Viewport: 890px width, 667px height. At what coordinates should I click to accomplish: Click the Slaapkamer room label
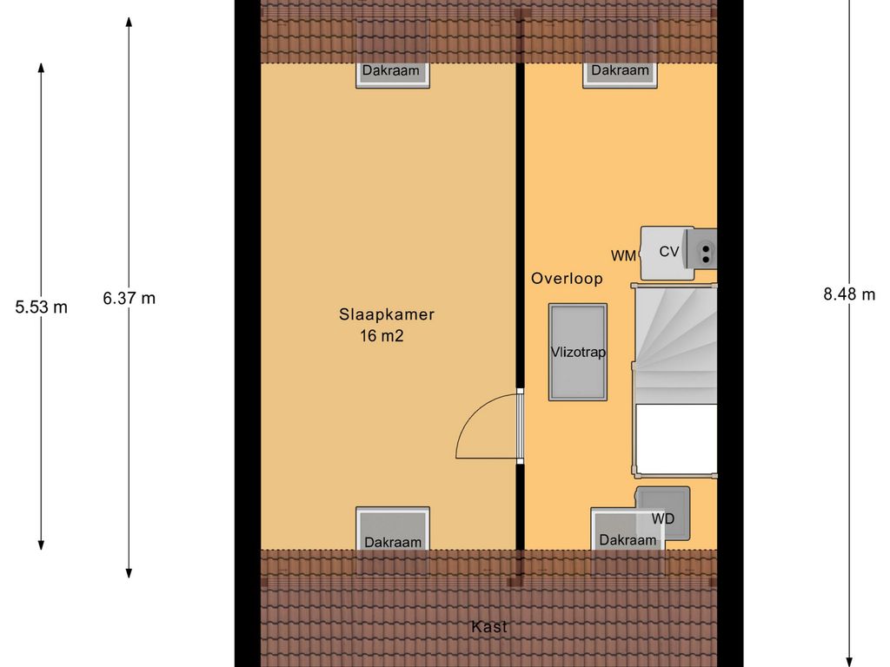click(387, 314)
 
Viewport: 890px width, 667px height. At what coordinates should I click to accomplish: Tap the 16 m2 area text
click(382, 336)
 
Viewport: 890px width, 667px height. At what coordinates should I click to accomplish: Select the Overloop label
click(567, 279)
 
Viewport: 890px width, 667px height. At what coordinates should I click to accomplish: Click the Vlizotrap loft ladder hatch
click(578, 353)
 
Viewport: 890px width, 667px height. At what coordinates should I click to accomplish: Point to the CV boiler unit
click(667, 253)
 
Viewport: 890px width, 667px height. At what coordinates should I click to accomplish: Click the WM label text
click(623, 256)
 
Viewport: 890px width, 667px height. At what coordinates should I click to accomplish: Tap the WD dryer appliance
click(663, 513)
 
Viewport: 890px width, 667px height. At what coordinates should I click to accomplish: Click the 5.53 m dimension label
click(41, 307)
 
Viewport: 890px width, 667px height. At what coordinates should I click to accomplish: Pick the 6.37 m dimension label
click(129, 299)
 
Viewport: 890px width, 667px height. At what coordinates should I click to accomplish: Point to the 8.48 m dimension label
click(849, 294)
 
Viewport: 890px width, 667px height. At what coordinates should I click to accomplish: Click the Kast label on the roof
click(488, 627)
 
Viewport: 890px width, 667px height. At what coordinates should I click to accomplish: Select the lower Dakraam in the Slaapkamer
click(393, 529)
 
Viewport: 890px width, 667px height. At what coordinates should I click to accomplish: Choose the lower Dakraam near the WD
click(628, 530)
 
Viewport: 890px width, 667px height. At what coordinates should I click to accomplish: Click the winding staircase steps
click(675, 344)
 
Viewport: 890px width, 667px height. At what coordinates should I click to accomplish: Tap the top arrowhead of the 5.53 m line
click(41, 68)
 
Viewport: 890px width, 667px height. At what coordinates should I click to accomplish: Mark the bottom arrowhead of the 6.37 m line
click(129, 573)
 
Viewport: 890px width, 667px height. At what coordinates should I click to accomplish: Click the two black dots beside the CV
click(706, 254)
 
